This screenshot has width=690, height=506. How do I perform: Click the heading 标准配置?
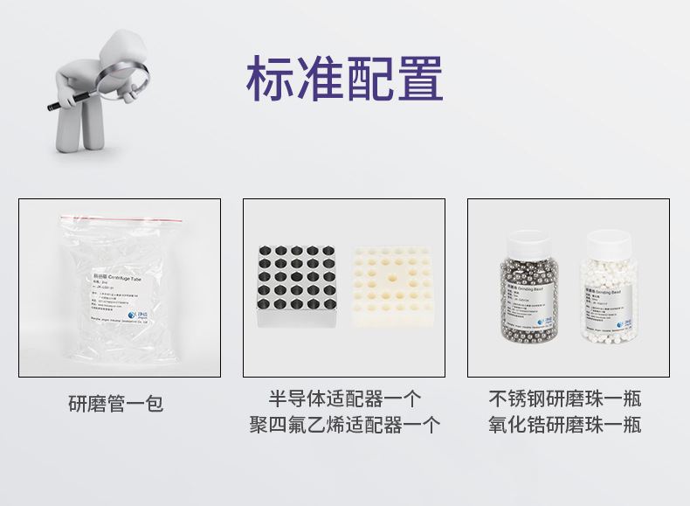[344, 79]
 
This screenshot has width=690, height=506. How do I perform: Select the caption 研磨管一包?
[116, 404]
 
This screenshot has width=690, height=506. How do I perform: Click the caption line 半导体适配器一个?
[344, 399]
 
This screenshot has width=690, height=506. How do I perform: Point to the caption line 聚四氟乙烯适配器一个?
[344, 426]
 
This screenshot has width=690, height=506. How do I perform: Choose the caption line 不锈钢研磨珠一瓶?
[565, 399]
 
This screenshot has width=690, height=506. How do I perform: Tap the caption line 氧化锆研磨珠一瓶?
[565, 426]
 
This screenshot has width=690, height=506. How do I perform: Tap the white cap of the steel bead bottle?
[527, 239]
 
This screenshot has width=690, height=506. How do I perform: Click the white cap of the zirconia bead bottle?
[610, 239]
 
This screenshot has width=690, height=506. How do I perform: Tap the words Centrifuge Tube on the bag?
[131, 274]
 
